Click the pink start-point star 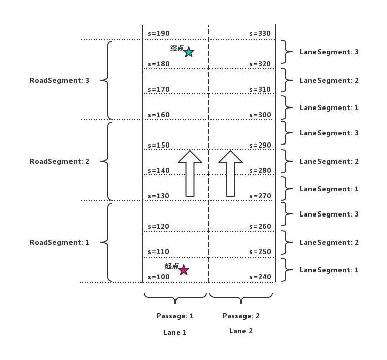184,270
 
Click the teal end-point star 189,52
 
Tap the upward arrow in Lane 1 190,173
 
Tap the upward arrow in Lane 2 230,173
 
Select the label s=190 159,34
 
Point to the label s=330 260,34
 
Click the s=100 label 159,277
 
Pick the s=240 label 260,277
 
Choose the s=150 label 159,146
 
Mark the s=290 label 260,146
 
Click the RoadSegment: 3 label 59,80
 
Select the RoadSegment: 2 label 59,161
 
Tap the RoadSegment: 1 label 59,242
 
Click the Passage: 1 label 175,316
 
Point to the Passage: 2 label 241,316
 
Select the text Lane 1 175,332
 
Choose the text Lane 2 241,331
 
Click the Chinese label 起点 171,266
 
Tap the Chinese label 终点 177,48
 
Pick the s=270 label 260,196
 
